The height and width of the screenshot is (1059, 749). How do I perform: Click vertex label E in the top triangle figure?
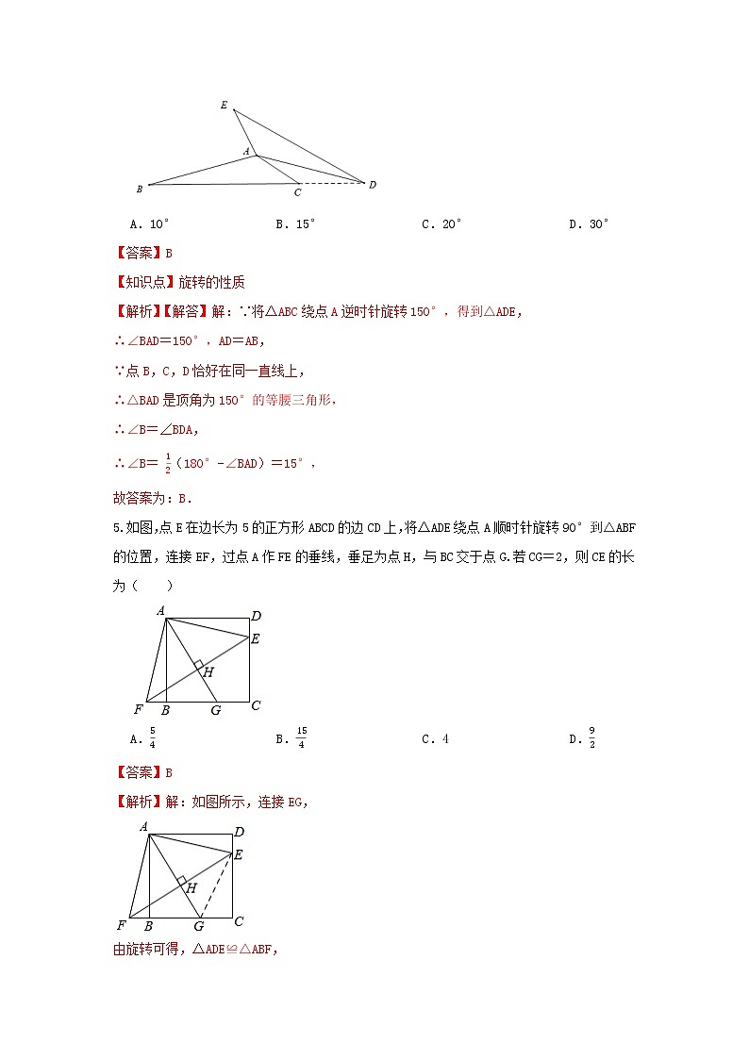[x=224, y=105]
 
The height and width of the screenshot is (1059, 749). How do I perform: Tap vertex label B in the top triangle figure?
[x=140, y=189]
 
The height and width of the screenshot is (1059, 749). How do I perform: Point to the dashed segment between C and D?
[x=332, y=183]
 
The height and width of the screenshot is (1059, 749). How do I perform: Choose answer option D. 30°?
[x=589, y=223]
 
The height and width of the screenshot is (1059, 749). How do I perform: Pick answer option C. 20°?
[x=441, y=223]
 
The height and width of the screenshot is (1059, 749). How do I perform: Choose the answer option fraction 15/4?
[x=301, y=738]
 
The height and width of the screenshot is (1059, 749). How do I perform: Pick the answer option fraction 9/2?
[x=591, y=738]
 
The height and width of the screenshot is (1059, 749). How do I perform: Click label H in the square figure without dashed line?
[x=208, y=672]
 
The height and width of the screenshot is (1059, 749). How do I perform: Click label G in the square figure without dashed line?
[x=215, y=710]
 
